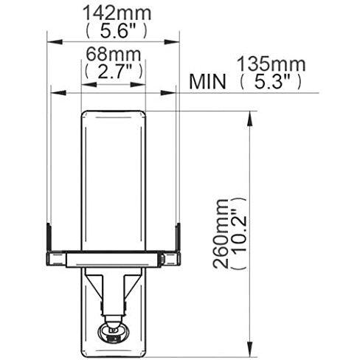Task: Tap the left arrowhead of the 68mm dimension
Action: click(x=83, y=86)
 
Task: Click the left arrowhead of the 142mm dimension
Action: click(x=52, y=38)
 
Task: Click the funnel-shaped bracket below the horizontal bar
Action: click(x=113, y=284)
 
